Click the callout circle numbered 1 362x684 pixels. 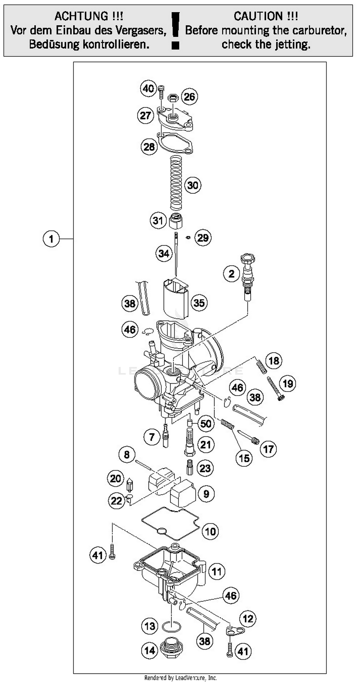pos(51,239)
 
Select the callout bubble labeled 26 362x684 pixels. pos(189,97)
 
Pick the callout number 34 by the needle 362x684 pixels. pos(164,254)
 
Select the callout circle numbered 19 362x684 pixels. pos(288,383)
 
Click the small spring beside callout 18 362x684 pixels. pos(262,366)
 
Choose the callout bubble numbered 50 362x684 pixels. pos(206,423)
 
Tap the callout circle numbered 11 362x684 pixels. pos(217,571)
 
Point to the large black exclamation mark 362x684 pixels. pos(175,30)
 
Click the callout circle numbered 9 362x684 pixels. pos(206,494)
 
